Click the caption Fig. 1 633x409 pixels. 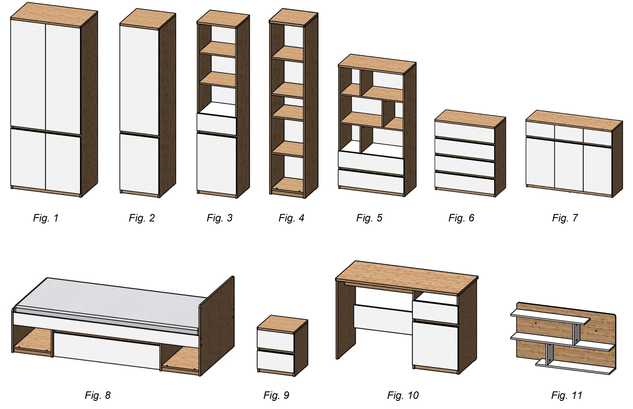[46, 218]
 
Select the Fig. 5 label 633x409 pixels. [369, 218]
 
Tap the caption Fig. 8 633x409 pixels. [98, 395]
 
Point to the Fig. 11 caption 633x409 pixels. [566, 395]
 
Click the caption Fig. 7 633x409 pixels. [565, 218]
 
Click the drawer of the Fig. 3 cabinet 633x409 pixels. [216, 124]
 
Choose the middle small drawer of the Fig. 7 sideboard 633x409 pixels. [569, 133]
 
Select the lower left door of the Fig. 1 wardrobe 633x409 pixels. [28, 158]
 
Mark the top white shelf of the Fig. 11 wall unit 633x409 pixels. [550, 317]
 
